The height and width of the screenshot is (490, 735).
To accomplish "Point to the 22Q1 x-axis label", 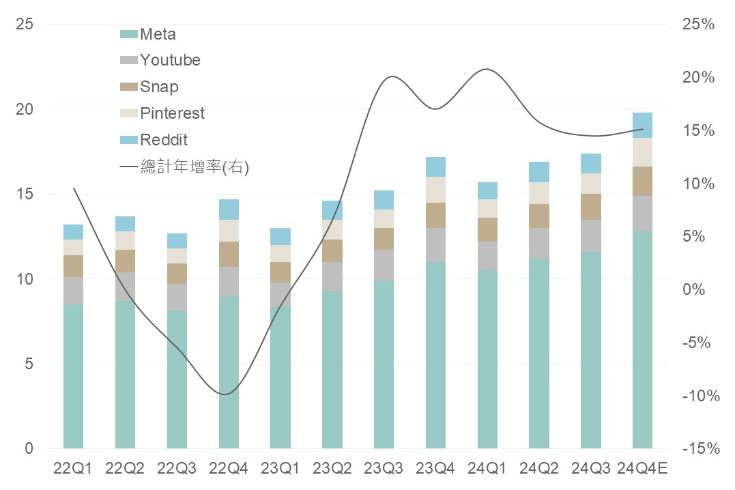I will [x=73, y=468].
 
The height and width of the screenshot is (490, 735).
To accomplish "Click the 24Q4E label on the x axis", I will [x=642, y=468].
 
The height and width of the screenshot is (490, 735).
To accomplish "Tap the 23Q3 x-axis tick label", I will [x=384, y=468].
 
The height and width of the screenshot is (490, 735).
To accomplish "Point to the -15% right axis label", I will [x=697, y=449].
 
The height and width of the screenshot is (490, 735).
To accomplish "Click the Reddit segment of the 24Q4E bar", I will [x=642, y=126].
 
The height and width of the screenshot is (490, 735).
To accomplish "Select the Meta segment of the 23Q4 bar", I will [x=435, y=355].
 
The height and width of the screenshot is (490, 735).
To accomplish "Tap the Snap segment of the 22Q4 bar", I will [x=229, y=254].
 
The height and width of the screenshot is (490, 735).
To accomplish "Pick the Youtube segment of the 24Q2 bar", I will [x=539, y=243].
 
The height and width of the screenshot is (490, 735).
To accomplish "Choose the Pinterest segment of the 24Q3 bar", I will [x=591, y=184].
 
